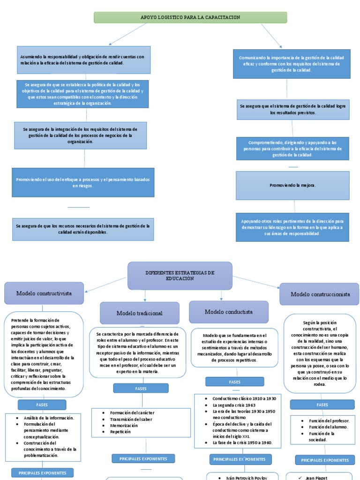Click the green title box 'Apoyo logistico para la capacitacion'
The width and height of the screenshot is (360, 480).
pyautogui.click(x=190, y=17)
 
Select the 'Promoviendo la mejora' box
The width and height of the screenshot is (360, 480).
pyautogui.click(x=292, y=185)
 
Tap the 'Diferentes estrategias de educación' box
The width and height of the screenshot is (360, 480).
pyautogui.click(x=180, y=276)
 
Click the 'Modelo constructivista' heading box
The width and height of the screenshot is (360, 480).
pyautogui.click(x=44, y=293)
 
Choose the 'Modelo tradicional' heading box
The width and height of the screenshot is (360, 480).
pyautogui.click(x=139, y=313)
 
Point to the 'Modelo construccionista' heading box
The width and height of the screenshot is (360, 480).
pyautogui.click(x=320, y=294)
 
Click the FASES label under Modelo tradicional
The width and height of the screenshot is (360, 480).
pyautogui.click(x=141, y=388)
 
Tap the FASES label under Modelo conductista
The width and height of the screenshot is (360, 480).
pyautogui.click(x=234, y=382)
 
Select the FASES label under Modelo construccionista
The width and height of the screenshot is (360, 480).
pyautogui.click(x=322, y=405)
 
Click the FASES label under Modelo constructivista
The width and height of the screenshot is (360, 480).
pyautogui.click(x=42, y=405)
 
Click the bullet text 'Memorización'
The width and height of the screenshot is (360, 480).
pyautogui.click(x=124, y=425)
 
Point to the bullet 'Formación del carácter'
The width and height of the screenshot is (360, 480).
pyautogui.click(x=132, y=412)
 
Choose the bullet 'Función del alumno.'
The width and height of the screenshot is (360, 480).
pyautogui.click(x=328, y=427)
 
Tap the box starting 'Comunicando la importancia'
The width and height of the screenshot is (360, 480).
pyautogui.click(x=291, y=64)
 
